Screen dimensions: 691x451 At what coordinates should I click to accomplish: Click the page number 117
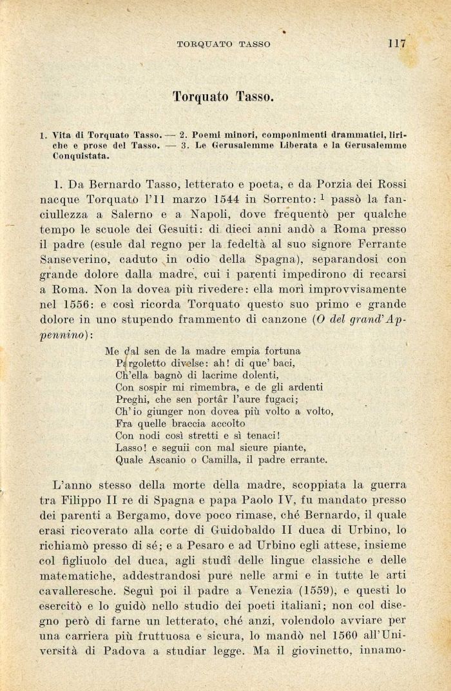(396, 44)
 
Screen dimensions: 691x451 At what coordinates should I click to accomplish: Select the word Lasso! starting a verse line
(132, 447)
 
